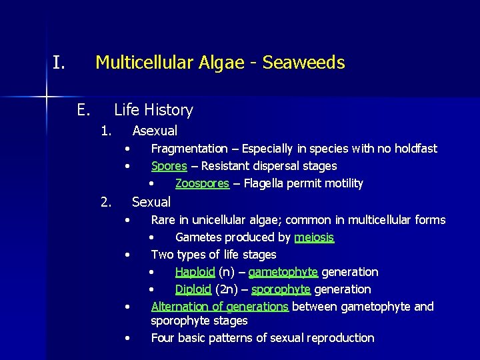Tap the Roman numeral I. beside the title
(x=59, y=63)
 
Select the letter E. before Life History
(x=83, y=110)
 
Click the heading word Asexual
(x=155, y=131)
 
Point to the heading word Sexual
(x=151, y=201)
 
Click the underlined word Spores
(x=169, y=166)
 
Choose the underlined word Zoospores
(x=202, y=183)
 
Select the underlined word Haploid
(x=195, y=272)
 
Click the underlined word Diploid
(x=193, y=289)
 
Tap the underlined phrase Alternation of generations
(x=219, y=307)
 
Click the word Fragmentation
(x=189, y=149)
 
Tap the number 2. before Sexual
(x=105, y=201)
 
